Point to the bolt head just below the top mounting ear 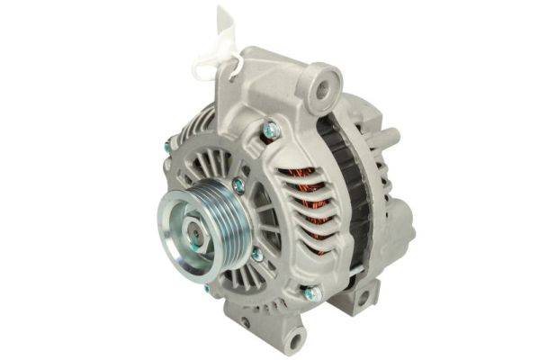(x=270, y=131)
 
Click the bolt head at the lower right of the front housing (x=311, y=292)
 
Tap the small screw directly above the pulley (x=238, y=185)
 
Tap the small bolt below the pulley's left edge (x=208, y=289)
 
